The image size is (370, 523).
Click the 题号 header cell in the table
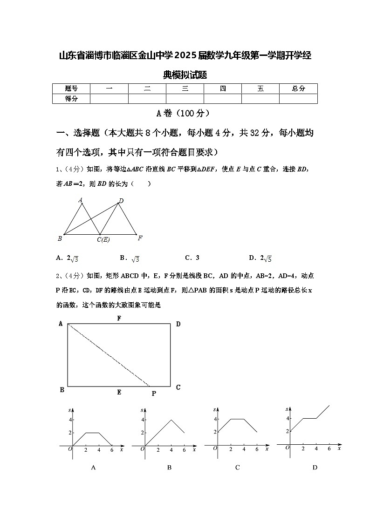(71, 88)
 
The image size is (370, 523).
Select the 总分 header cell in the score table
(298, 88)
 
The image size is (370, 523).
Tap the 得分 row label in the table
(71, 98)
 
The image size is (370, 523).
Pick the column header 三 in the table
(185, 88)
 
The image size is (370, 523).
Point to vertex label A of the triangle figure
(80, 200)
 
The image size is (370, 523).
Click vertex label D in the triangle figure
(121, 201)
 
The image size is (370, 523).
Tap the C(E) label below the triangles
(103, 240)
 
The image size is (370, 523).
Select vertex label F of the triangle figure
(140, 238)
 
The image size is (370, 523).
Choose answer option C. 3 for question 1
(192, 258)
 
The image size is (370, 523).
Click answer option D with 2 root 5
(260, 258)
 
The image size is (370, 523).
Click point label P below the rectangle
(154, 394)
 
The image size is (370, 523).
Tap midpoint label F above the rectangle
(119, 319)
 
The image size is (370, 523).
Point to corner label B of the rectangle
(62, 390)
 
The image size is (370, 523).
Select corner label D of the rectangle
(178, 324)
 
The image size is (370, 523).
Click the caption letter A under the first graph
(93, 468)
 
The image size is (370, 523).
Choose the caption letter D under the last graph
(315, 467)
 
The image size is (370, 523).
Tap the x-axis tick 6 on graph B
(185, 450)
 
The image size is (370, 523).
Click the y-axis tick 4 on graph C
(215, 419)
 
